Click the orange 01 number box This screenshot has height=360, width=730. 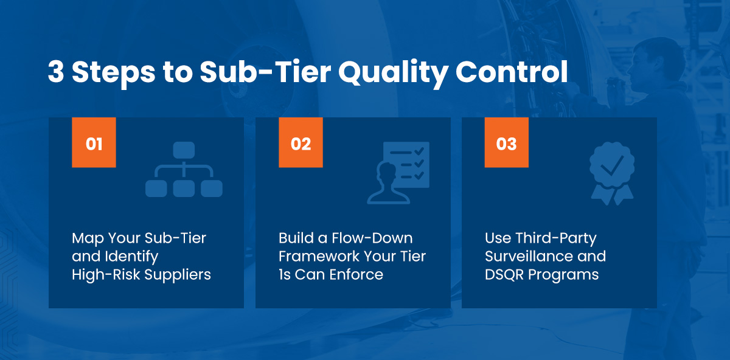[94, 142]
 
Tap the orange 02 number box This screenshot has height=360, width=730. [301, 142]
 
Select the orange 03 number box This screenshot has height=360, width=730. [506, 142]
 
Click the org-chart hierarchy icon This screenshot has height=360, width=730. [184, 169]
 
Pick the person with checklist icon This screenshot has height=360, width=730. [398, 173]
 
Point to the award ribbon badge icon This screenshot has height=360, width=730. [612, 173]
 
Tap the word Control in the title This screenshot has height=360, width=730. [512, 72]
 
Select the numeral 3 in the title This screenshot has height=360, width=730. [56, 72]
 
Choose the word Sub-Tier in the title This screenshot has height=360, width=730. [265, 72]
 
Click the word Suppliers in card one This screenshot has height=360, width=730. [178, 275]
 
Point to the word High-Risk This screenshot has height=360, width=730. [106, 275]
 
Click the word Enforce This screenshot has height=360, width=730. [356, 275]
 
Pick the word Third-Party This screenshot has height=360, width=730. [555, 239]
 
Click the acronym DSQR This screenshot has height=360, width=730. [504, 275]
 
